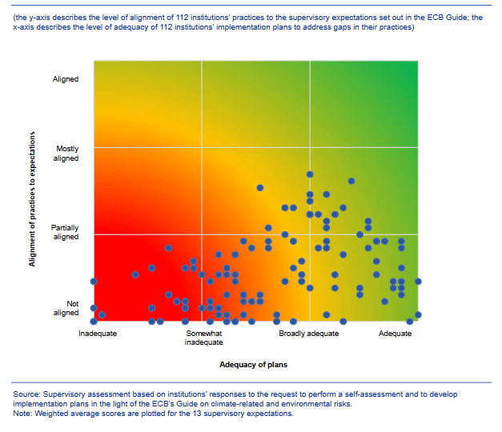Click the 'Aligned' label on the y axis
[66, 79]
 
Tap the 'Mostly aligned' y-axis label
[66, 154]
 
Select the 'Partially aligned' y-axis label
[65, 232]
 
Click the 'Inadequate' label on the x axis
[98, 334]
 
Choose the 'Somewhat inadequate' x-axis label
[204, 338]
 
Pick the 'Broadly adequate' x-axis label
[308, 334]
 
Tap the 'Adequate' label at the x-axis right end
[395, 334]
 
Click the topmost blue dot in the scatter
[309, 174]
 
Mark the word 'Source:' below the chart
[27, 395]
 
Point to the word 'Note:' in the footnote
[23, 414]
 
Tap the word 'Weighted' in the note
[54, 414]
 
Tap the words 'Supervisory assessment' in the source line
[84, 395]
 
